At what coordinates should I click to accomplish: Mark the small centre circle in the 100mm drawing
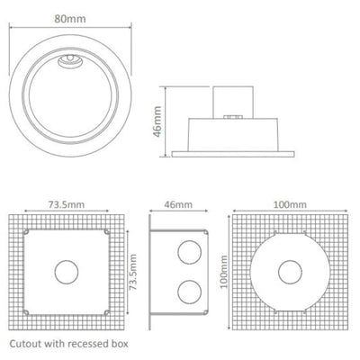288,271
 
